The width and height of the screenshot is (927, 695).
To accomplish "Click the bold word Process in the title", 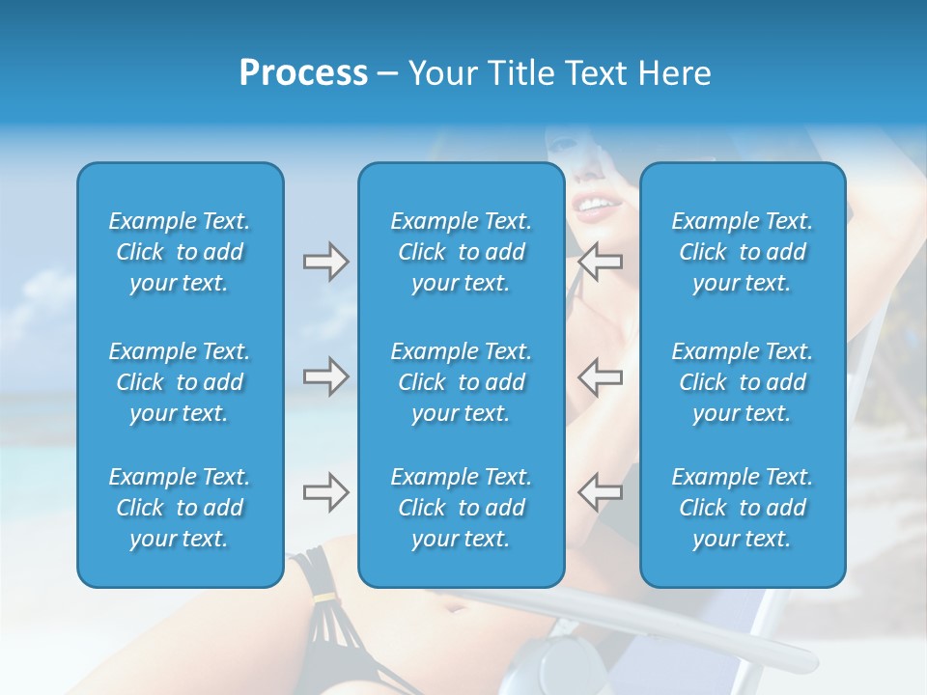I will pos(303,73).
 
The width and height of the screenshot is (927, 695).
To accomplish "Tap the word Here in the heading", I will pos(674,73).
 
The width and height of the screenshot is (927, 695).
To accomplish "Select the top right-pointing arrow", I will pos(325,262).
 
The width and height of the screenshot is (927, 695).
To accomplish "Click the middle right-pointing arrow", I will pos(325,376).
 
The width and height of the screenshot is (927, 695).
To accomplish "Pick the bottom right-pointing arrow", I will pos(325,492).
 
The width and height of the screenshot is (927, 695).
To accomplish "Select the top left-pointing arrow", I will pos(601,262).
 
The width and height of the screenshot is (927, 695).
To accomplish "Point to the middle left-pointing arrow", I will pos(601,376).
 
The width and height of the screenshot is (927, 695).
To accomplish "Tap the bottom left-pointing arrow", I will pos(601,492).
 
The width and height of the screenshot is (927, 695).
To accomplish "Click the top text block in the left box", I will pos(180,252).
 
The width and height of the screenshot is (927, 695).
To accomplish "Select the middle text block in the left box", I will pos(180,382).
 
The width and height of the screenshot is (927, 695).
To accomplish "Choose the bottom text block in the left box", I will pos(180,508).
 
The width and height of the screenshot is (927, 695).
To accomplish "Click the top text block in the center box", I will pos(462,252).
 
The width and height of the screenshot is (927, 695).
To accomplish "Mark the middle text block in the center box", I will pos(462,382).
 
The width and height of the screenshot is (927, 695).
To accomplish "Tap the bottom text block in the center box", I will pos(462,508).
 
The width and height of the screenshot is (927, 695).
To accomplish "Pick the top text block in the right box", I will pos(743,252).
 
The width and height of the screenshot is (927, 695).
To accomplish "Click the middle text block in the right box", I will pos(743,382).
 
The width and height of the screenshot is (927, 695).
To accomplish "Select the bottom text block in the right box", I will pos(743,508).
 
